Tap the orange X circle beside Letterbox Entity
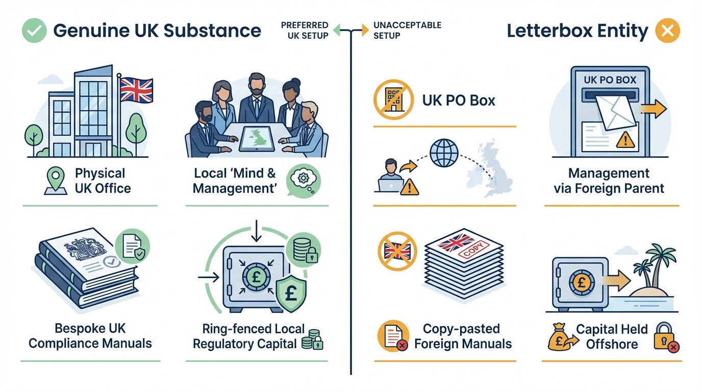[667, 31]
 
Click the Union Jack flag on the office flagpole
[136, 90]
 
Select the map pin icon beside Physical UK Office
[55, 182]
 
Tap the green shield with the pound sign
[291, 295]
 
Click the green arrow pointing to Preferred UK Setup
[337, 31]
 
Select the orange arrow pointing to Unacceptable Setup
[364, 31]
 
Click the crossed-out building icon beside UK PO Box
[392, 100]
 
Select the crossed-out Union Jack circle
[396, 251]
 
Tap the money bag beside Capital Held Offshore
[560, 339]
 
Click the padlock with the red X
[665, 338]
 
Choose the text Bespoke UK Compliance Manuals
[90, 335]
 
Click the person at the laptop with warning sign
[390, 177]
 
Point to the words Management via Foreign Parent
[609, 181]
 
